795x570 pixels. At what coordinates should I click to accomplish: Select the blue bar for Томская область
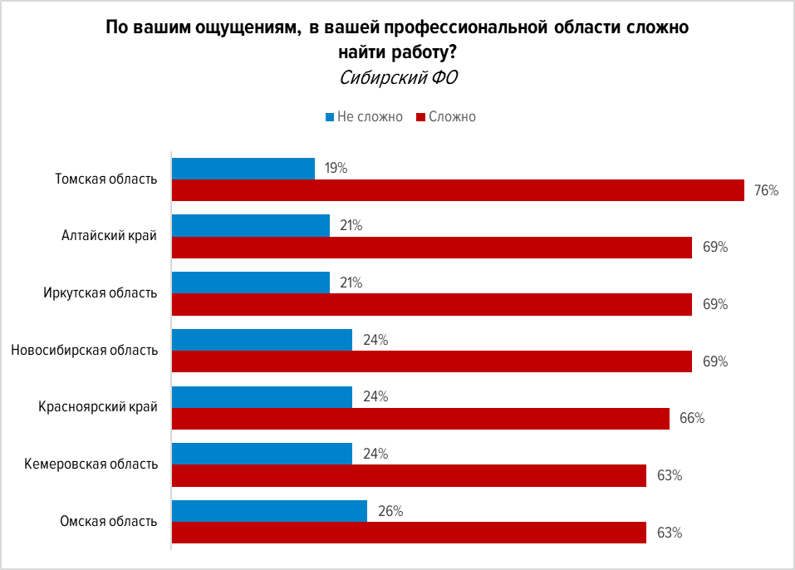tap(243, 169)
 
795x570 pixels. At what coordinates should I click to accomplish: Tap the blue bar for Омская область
tap(269, 511)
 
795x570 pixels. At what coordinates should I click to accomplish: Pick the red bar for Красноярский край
tap(420, 419)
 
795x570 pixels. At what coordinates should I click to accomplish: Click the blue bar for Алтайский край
tap(251, 225)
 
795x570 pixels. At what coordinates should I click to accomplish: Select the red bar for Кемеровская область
tap(409, 476)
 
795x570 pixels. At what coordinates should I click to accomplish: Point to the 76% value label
tap(766, 191)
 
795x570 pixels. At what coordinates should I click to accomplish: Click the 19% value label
tap(336, 169)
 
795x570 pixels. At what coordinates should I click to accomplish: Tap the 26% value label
tap(389, 511)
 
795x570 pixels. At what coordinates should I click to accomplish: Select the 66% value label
tap(692, 419)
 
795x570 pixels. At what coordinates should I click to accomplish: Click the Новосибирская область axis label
tap(84, 351)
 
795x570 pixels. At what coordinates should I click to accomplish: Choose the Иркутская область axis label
tap(101, 293)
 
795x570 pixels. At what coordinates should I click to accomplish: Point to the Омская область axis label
tap(109, 522)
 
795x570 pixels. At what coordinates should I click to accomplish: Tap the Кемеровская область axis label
tap(91, 464)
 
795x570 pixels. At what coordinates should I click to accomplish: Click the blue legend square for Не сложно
tap(329, 117)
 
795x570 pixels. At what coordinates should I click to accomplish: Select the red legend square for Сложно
tap(421, 117)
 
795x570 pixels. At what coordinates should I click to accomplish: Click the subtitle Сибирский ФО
tap(399, 78)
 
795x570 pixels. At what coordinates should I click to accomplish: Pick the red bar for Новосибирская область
tap(432, 361)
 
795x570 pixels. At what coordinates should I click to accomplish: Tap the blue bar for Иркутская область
tap(251, 283)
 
